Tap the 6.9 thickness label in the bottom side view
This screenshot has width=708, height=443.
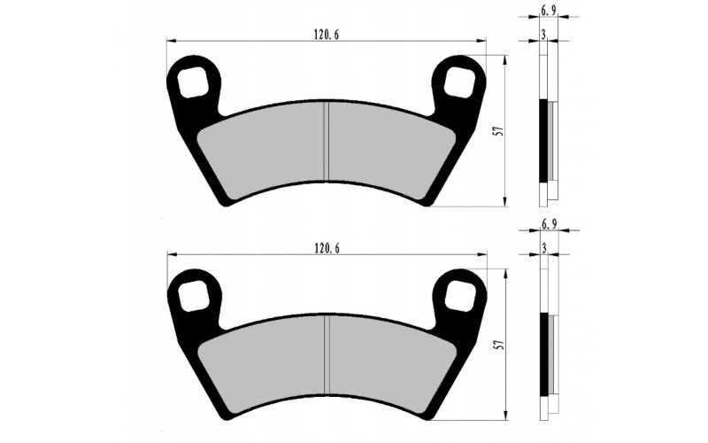[x=548, y=225]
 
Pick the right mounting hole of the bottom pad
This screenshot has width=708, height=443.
[x=461, y=296]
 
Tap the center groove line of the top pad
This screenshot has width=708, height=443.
[x=327, y=142]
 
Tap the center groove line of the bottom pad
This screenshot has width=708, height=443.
[x=327, y=354]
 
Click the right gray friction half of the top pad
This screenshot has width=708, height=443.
[x=389, y=151]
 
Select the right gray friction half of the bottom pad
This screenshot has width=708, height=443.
[x=389, y=363]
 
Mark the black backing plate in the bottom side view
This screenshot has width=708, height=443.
[x=543, y=354]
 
